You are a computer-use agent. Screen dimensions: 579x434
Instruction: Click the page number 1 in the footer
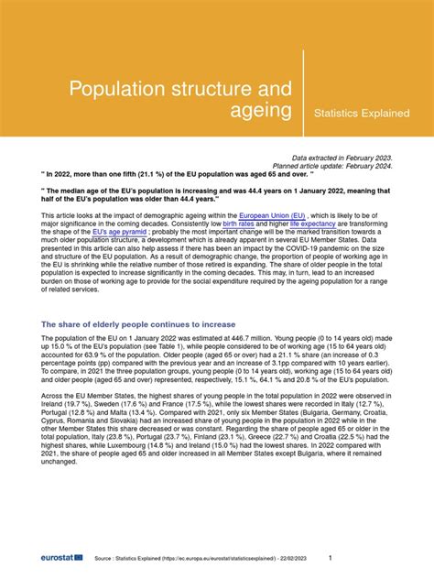click(330, 557)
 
